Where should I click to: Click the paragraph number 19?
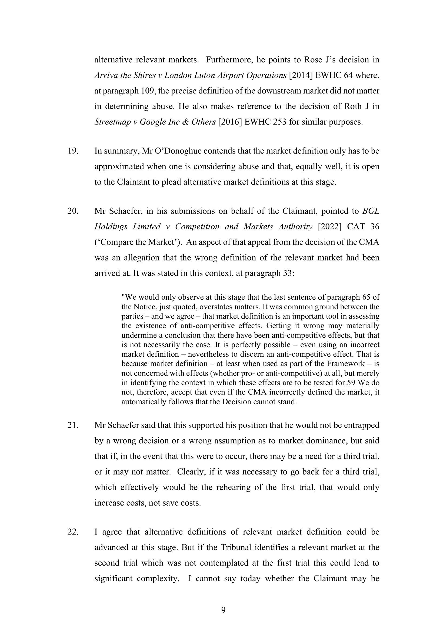pyautogui.click(x=73, y=151)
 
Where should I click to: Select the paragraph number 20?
pyautogui.click(x=73, y=211)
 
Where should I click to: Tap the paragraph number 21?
pyautogui.click(x=73, y=425)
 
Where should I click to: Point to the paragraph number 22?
pyautogui.click(x=73, y=532)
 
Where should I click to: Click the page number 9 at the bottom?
pyautogui.click(x=223, y=610)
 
